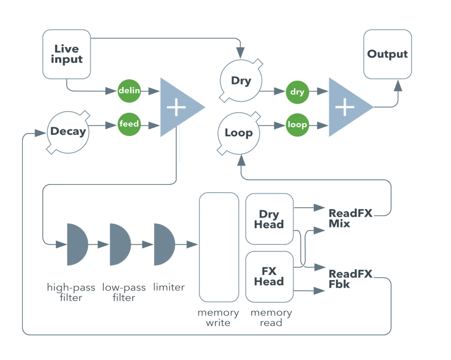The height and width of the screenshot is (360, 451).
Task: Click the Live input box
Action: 66,54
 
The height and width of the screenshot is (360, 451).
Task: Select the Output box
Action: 387,54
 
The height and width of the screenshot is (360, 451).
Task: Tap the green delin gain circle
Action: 129,91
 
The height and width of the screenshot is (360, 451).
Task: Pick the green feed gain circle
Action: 129,124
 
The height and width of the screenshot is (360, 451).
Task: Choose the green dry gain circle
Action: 297,92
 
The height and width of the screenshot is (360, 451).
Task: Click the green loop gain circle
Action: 297,125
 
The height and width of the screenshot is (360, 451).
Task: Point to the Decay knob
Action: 68,132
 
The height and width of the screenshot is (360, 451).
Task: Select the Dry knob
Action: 241,81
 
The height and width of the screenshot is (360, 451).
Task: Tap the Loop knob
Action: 239,133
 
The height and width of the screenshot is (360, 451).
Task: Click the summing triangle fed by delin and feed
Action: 179,107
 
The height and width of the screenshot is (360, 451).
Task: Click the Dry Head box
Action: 269,219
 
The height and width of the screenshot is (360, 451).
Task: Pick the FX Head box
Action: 269,277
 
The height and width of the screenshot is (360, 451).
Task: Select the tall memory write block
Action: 219,247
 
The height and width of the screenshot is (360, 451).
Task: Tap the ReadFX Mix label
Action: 350,218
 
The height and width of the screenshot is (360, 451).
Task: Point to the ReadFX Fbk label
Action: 350,279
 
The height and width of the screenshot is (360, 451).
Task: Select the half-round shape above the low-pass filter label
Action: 119,244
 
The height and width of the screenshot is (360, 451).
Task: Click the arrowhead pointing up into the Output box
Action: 398,86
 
